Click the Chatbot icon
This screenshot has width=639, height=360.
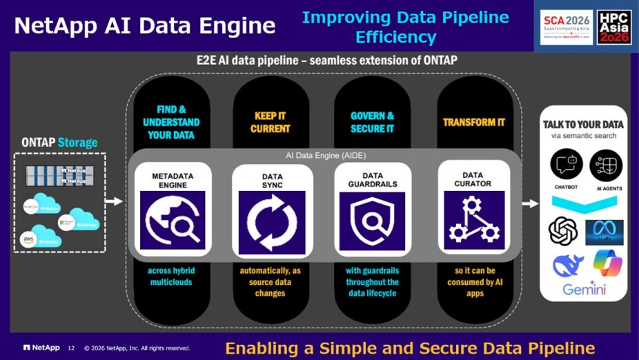click(566, 165)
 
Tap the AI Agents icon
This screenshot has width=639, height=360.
click(605, 165)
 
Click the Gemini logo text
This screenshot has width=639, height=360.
click(584, 289)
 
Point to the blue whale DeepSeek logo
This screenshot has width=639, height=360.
click(567, 265)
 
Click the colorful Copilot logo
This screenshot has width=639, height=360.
click(607, 263)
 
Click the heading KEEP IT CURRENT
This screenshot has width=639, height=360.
click(271, 122)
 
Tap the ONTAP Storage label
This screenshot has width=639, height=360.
click(60, 143)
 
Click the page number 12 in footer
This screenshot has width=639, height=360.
click(71, 348)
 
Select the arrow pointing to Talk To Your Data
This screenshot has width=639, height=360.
click(530, 203)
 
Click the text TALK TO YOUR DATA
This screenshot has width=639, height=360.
click(584, 124)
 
